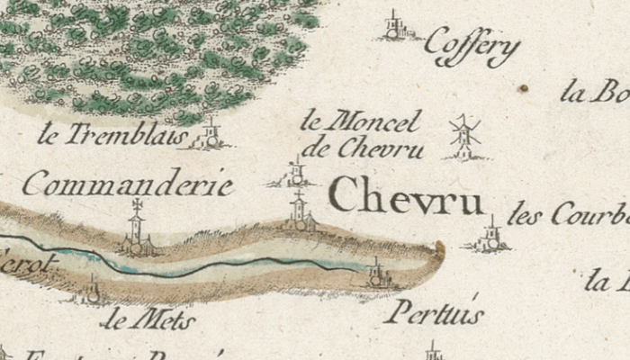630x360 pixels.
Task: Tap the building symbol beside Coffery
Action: click(x=393, y=27)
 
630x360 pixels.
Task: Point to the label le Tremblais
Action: click(x=112, y=136)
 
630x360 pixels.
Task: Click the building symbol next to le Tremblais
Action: click(x=211, y=134)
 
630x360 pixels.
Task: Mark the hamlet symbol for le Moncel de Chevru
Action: click(x=297, y=172)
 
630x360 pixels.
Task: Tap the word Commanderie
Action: click(x=128, y=186)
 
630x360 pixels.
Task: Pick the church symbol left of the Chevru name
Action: click(x=299, y=212)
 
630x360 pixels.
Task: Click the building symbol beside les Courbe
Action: click(x=490, y=236)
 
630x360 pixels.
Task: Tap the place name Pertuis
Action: click(x=434, y=312)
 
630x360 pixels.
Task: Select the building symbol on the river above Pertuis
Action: click(x=376, y=272)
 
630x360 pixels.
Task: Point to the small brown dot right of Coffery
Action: click(x=523, y=88)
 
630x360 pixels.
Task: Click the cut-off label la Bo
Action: click(x=594, y=93)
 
